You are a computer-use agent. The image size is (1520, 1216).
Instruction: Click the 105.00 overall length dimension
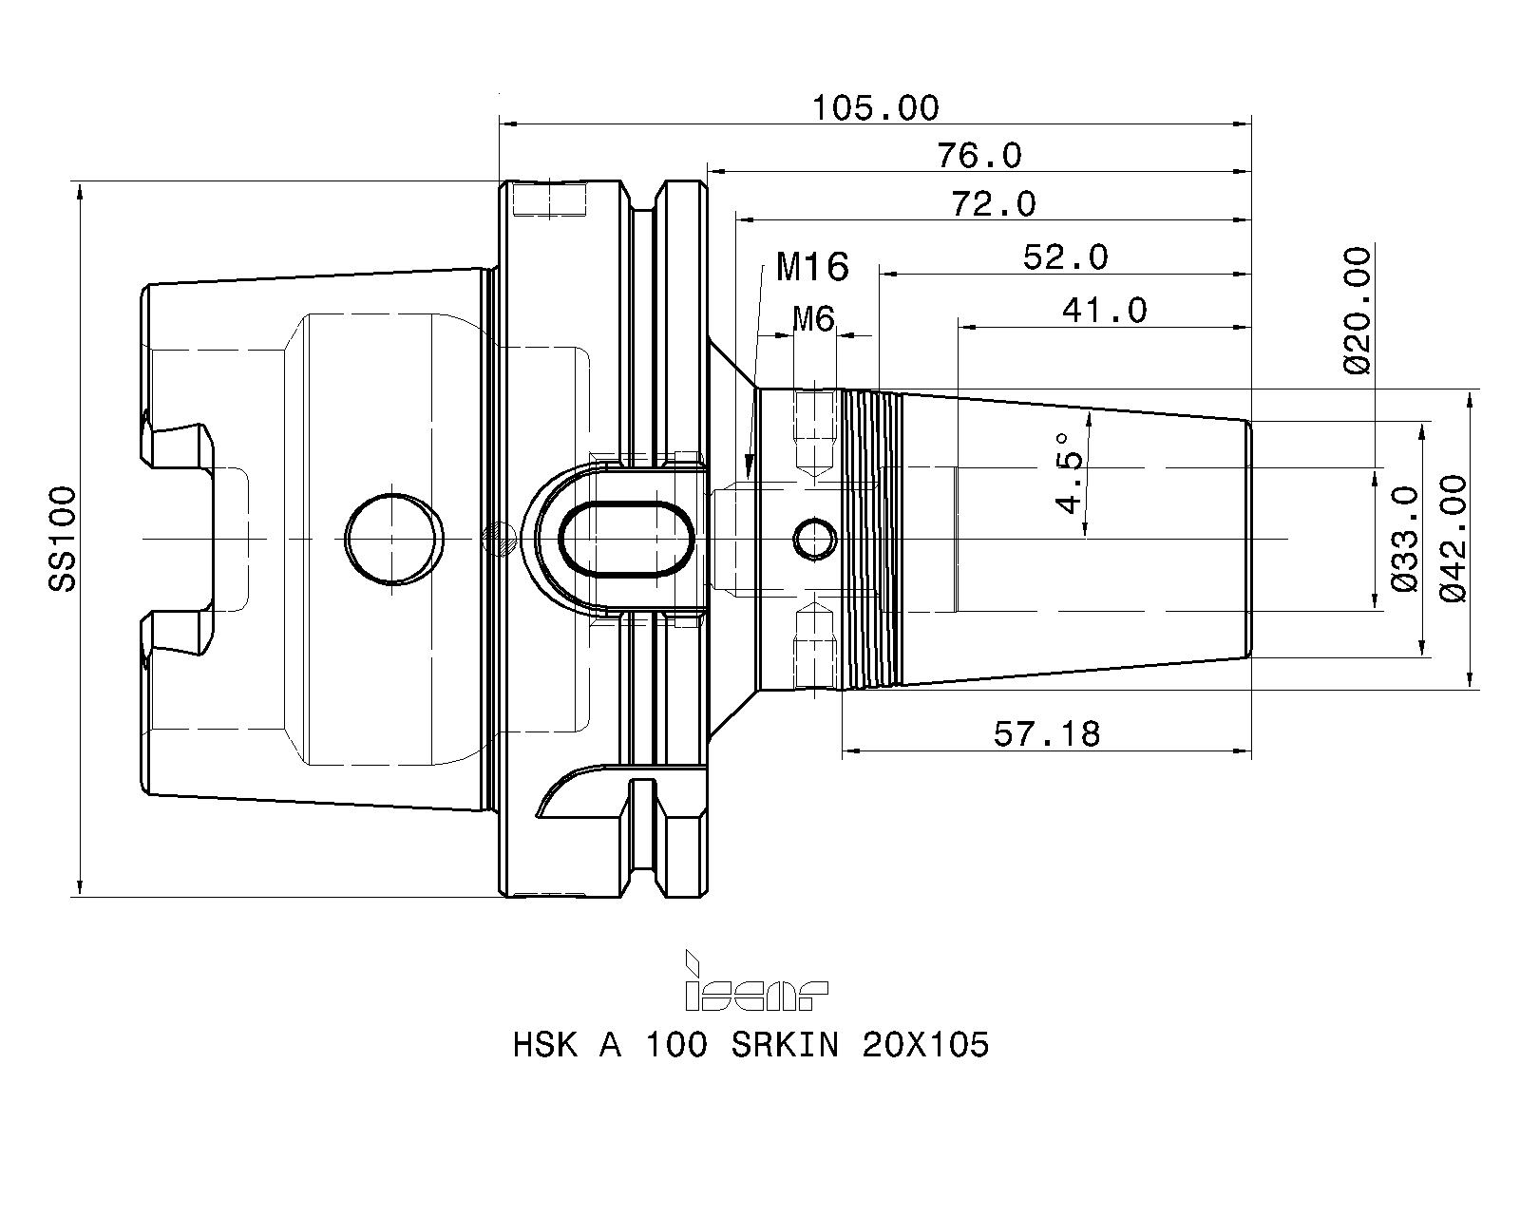click(x=876, y=109)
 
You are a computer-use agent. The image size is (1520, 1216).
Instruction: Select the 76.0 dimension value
click(x=979, y=156)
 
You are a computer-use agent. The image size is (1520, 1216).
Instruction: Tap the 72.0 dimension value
click(x=994, y=204)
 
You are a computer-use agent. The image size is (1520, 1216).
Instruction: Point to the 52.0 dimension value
click(x=1066, y=257)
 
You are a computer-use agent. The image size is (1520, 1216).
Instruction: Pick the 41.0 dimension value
click(x=1105, y=311)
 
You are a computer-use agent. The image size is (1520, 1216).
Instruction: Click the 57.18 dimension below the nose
click(x=1047, y=734)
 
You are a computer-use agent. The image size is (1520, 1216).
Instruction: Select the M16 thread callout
click(x=812, y=267)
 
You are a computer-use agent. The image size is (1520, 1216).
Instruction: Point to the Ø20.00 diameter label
click(x=1358, y=311)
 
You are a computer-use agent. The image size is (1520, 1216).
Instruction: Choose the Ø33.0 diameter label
click(x=1404, y=539)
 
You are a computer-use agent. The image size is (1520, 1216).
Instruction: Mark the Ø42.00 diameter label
click(x=1453, y=539)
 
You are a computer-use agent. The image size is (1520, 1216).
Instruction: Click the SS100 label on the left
click(x=62, y=539)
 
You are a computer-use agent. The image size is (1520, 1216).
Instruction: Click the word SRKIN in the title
click(x=785, y=1044)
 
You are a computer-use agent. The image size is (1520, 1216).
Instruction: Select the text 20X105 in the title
click(x=925, y=1044)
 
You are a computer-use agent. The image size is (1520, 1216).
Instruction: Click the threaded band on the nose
click(x=872, y=539)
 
